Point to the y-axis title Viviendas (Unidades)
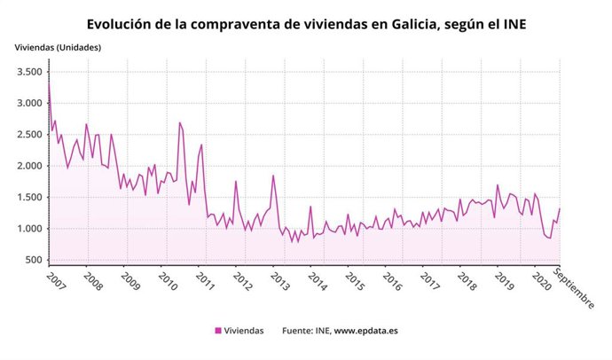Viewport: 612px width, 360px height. (58, 46)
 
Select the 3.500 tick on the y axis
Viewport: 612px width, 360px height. (29, 72)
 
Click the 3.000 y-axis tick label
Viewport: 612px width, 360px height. (29, 104)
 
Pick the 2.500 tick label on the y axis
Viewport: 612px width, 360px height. (29, 135)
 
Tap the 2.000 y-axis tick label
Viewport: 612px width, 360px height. (29, 167)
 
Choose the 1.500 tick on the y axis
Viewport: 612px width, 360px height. (29, 198)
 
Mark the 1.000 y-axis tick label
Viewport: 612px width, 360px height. (29, 229)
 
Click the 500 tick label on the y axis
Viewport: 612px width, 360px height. (34, 261)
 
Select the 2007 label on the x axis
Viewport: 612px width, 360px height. (57, 281)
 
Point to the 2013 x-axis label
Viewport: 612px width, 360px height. (279, 281)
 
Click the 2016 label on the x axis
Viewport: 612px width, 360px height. (390, 281)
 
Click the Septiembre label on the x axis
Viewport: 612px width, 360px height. (574, 288)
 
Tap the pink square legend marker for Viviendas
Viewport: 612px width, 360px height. (218, 331)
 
